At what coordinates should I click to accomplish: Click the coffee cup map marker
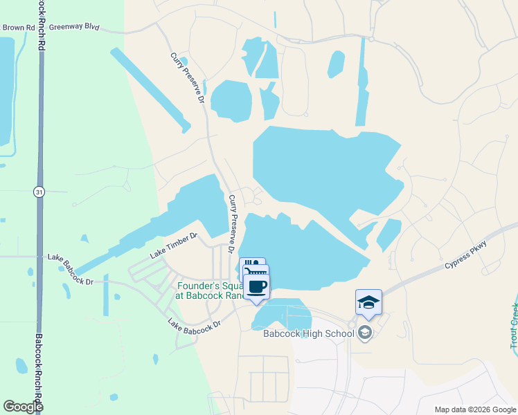tap(257, 287)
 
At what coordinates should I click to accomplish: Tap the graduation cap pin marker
tap(368, 302)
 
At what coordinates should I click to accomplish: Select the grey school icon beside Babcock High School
tap(366, 333)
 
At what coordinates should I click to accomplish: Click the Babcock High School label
tap(308, 333)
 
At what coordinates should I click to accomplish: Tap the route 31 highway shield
tap(39, 192)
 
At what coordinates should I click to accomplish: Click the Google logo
tap(23, 407)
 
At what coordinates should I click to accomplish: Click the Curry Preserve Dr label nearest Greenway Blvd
tap(187, 77)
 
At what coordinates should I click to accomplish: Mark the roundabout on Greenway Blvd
tap(371, 39)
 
